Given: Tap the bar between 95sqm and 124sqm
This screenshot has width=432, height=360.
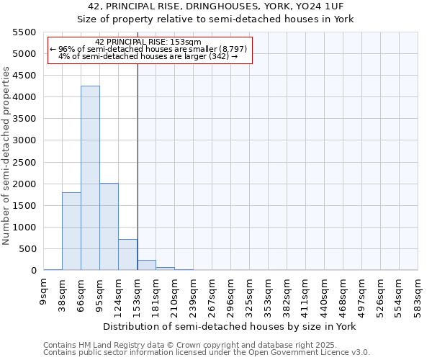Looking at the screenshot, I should coord(109,227).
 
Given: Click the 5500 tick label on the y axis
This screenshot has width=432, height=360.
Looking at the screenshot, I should coord(24,32).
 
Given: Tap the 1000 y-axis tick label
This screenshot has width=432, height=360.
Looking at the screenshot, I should coord(24,228).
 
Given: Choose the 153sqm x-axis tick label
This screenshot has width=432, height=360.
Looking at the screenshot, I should coord(138,294).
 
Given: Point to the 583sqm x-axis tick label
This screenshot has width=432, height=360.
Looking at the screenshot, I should coord(418,294).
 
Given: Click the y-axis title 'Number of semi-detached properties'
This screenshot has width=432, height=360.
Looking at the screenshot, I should coord(7,156).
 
